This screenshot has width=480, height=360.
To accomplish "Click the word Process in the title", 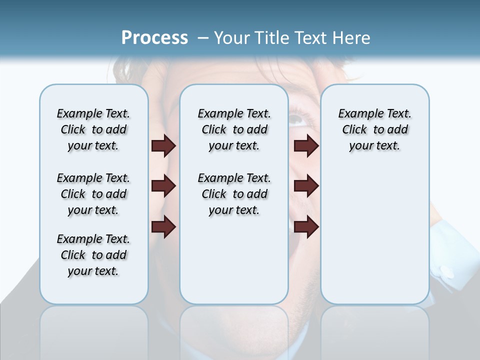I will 154,38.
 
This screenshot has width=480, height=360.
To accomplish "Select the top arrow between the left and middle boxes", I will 163,146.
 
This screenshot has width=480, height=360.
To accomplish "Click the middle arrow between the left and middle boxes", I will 163,186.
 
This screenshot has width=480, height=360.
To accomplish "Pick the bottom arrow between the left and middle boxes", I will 163,226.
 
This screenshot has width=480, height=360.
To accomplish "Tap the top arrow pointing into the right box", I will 306,146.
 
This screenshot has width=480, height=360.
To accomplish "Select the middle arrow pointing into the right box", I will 306,186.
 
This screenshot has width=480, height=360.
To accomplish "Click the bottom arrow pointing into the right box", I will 306,226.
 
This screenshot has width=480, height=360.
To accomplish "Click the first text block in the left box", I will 93,129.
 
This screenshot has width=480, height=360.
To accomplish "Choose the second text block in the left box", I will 93,194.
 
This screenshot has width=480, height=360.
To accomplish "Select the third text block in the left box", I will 93,255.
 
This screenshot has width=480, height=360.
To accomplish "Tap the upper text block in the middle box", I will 234,129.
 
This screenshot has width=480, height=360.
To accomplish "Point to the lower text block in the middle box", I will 234,194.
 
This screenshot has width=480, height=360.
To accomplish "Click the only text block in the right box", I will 374,129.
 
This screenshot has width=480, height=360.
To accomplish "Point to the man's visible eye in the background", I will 298,119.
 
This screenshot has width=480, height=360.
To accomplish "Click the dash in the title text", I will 203,38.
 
